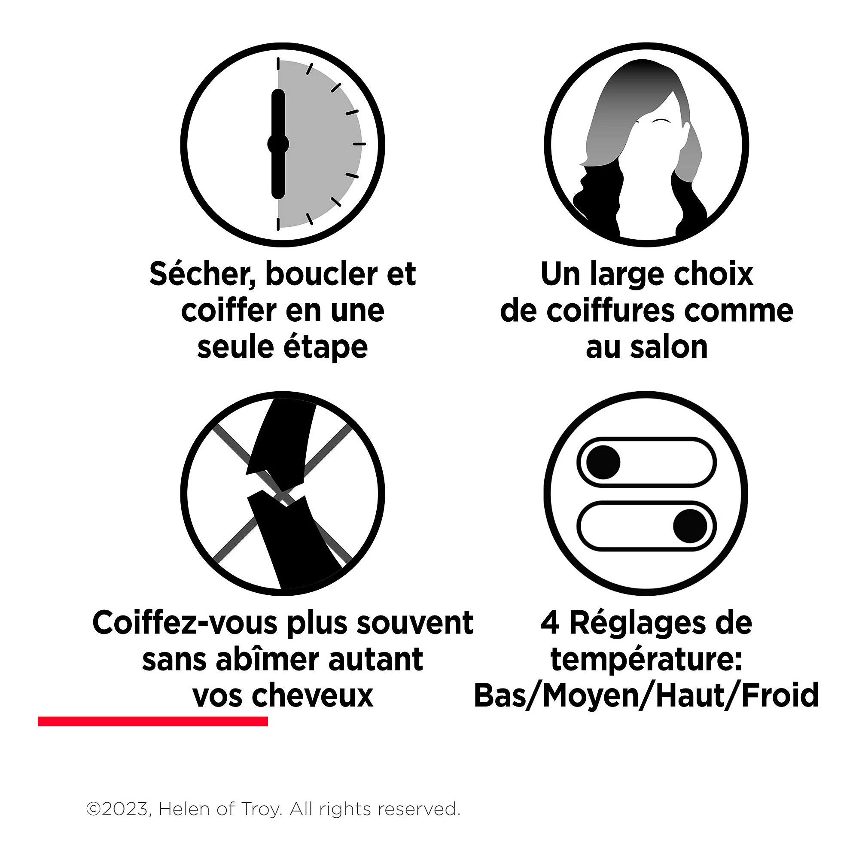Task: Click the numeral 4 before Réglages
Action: point(550,623)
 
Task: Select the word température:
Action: point(646,660)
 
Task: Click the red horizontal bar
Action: point(153,721)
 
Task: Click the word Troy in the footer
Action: point(262,810)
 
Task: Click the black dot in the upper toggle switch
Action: point(603,463)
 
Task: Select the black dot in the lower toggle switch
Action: point(690,526)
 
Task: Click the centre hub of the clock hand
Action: point(278,144)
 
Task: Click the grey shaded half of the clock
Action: point(320,144)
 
